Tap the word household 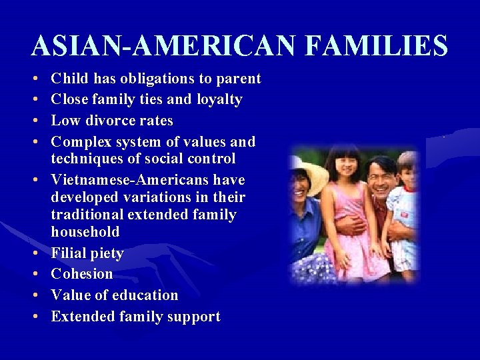coord(85,232)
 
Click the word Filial coord(69,253)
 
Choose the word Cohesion coord(82,274)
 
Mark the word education coord(146,295)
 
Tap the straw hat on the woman coord(312,174)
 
